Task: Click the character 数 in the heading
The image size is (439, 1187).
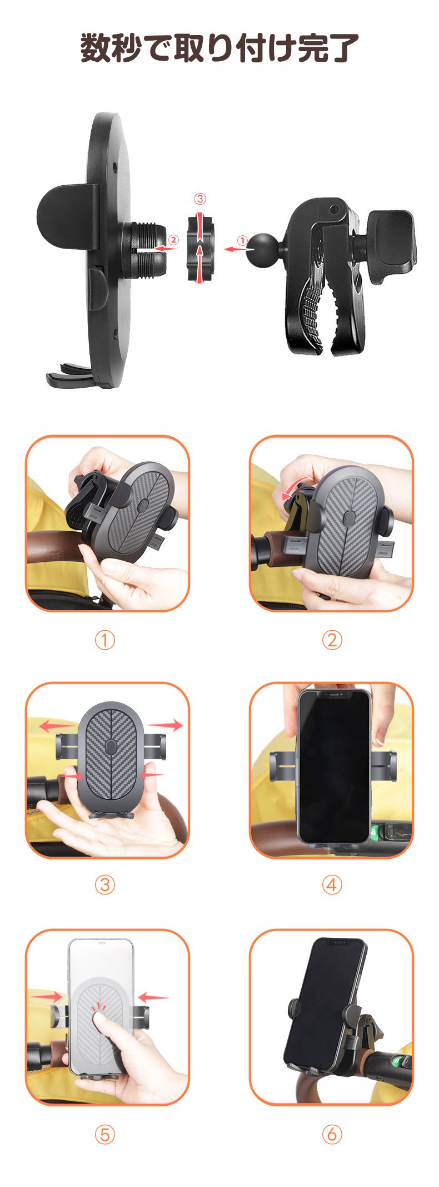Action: (x=95, y=48)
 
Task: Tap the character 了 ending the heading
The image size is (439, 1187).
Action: (x=343, y=48)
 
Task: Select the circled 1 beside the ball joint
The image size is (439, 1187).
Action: (x=242, y=240)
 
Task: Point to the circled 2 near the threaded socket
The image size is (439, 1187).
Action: (x=174, y=240)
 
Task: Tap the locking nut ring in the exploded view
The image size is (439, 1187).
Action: (x=200, y=247)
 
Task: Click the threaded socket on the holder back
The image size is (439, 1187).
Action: (x=143, y=249)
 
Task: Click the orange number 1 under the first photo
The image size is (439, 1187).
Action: (x=104, y=640)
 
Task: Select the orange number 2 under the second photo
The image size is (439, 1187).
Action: (x=332, y=640)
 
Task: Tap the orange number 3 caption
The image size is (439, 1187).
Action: (x=104, y=885)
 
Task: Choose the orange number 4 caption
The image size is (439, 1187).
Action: (x=332, y=885)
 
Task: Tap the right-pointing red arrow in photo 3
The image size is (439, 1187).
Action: (x=166, y=725)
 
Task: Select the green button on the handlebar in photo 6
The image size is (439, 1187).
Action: (x=396, y=1061)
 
